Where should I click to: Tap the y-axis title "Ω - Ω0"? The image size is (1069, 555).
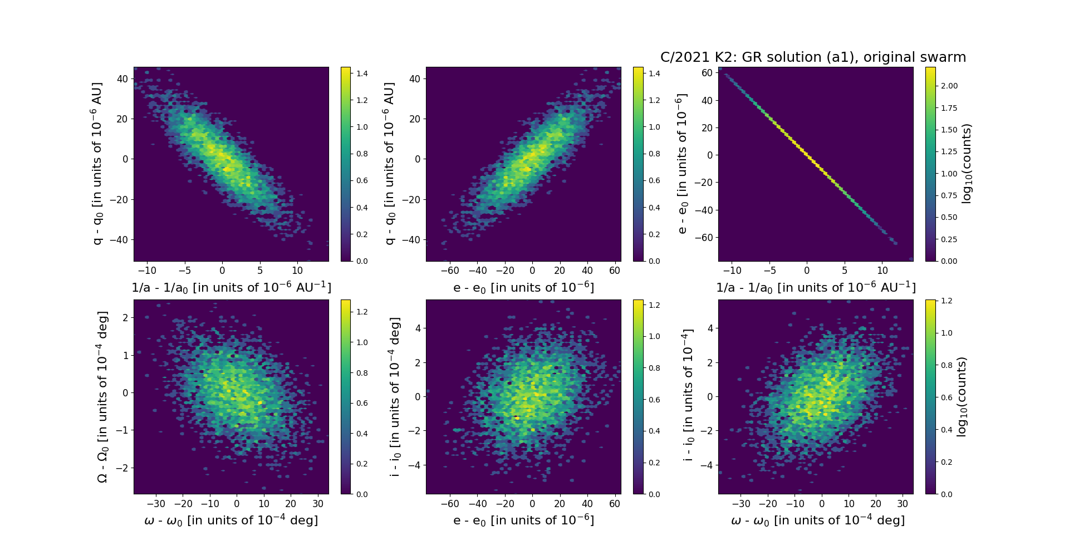pyautogui.click(x=102, y=397)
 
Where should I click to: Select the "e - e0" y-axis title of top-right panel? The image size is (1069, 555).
pyautogui.click(x=682, y=164)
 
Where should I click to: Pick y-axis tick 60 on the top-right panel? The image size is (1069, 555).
pyautogui.click(x=708, y=73)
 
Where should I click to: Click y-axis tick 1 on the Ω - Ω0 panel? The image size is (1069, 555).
pyautogui.click(x=125, y=355)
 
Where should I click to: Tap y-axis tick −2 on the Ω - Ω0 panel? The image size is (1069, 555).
pyautogui.click(x=123, y=468)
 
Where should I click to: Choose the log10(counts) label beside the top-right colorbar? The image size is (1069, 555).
pyautogui.click(x=967, y=164)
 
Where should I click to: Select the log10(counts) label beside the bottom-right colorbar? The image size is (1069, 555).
pyautogui.click(x=962, y=397)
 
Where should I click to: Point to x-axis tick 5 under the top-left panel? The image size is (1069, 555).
pyautogui.click(x=260, y=271)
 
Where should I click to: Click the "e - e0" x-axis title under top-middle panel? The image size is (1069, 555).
pyautogui.click(x=523, y=288)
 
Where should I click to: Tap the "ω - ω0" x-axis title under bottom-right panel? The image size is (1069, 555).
pyautogui.click(x=817, y=520)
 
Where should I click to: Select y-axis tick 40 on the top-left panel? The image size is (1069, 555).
pyautogui.click(x=122, y=78)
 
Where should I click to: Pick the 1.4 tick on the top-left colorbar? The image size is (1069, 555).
pyautogui.click(x=362, y=73)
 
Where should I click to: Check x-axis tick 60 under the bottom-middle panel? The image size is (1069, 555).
pyautogui.click(x=615, y=504)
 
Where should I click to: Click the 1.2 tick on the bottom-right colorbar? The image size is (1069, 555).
pyautogui.click(x=947, y=301)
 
